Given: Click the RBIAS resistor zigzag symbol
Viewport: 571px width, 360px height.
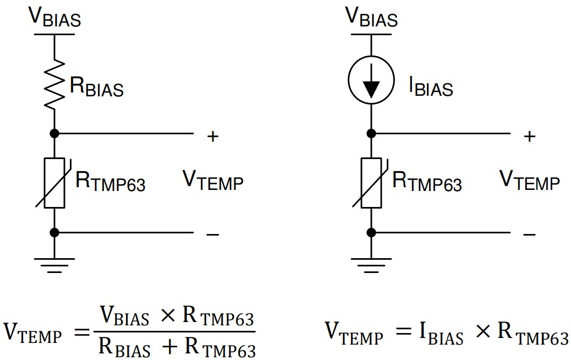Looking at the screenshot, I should [x=54, y=84].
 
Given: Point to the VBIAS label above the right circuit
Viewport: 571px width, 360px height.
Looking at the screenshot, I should [x=371, y=18].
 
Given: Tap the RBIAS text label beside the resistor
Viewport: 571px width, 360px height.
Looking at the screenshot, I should [x=96, y=87].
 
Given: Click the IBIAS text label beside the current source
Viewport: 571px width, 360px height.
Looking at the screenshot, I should [x=431, y=87].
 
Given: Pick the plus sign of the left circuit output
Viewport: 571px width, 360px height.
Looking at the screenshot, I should [x=212, y=136].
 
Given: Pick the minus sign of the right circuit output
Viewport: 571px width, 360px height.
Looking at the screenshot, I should [x=529, y=234].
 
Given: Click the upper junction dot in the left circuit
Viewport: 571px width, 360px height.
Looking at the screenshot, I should [x=54, y=133].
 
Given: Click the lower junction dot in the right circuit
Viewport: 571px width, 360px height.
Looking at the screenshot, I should [x=371, y=232].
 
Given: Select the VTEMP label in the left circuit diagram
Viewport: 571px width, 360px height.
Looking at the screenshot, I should [x=212, y=180].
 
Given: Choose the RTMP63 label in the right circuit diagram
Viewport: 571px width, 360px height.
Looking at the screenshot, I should [x=427, y=182].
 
